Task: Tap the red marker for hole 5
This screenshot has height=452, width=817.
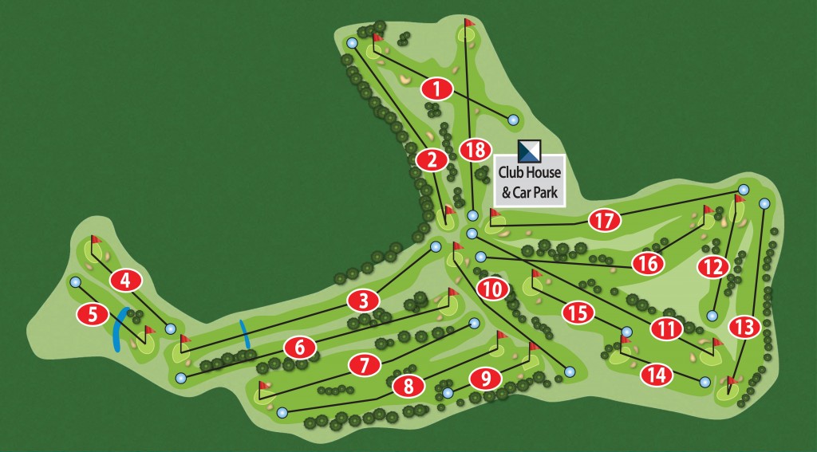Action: pyautogui.click(x=93, y=314)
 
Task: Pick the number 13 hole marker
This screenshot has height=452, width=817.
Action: pyautogui.click(x=744, y=325)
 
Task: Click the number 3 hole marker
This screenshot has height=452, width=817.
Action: pyautogui.click(x=363, y=301)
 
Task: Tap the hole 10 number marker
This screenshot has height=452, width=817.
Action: pyautogui.click(x=494, y=289)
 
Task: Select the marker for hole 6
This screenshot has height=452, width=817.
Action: pyautogui.click(x=299, y=348)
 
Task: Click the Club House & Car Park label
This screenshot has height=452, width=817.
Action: pyautogui.click(x=529, y=181)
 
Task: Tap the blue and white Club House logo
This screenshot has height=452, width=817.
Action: pyautogui.click(x=529, y=149)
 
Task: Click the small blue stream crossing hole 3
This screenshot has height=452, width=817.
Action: pyautogui.click(x=246, y=334)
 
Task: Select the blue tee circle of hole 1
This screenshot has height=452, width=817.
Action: pyautogui.click(x=513, y=120)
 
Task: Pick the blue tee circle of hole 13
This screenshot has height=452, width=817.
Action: pyautogui.click(x=764, y=202)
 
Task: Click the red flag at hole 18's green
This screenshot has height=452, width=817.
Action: pyautogui.click(x=469, y=23)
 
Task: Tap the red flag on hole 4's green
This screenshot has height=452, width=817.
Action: pyautogui.click(x=97, y=239)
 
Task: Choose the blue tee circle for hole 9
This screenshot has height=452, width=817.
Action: pyautogui.click(x=448, y=393)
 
